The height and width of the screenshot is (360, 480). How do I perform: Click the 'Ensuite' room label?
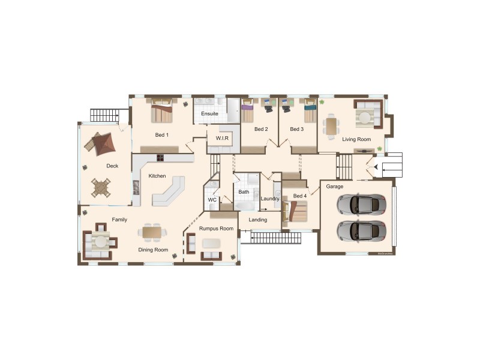point(209,113)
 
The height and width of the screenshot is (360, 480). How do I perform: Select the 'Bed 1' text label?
point(162,135)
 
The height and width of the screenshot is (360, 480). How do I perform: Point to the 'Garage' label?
point(334,187)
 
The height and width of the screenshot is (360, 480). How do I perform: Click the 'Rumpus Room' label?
point(216,229)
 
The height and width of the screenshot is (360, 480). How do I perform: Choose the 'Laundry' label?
point(270,199)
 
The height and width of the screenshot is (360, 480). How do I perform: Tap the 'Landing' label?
point(258,220)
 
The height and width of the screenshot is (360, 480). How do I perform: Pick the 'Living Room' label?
point(356,139)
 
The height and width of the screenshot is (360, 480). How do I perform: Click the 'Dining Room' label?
point(154,250)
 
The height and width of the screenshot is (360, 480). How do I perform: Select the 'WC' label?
point(212,199)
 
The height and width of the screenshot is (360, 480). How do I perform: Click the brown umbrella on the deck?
point(100,143)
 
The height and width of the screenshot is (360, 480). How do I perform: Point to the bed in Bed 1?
point(161,111)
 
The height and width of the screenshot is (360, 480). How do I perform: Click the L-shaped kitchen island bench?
point(169,193)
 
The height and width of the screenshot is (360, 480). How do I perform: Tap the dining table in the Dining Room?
point(152,231)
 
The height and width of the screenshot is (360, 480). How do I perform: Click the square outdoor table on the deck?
point(101,187)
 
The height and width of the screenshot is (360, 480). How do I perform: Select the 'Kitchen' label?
point(157,176)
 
